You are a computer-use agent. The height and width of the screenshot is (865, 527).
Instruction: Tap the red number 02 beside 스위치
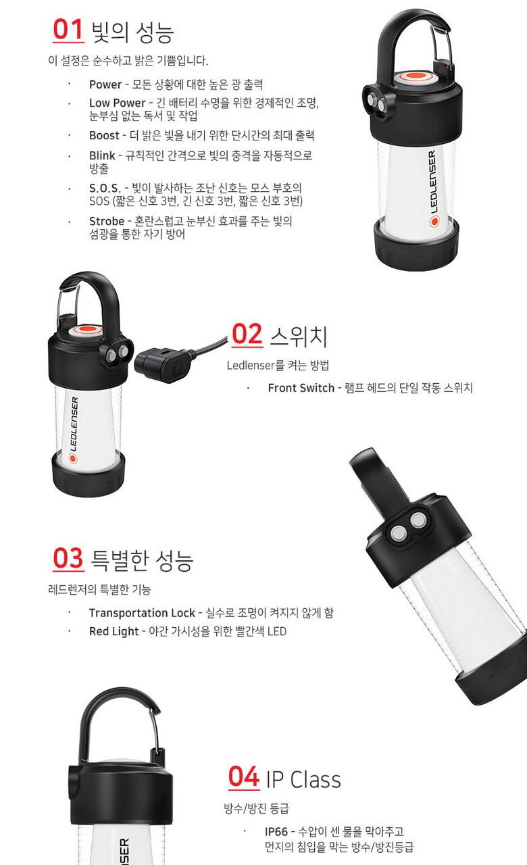(247, 335)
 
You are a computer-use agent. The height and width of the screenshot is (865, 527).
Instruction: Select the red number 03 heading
(68, 558)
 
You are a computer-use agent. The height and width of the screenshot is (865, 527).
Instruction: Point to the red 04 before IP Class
(244, 776)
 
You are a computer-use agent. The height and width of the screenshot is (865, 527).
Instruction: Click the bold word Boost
(104, 136)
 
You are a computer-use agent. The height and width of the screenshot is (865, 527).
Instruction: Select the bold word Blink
(102, 155)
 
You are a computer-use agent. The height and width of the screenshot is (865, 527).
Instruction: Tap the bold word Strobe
(107, 221)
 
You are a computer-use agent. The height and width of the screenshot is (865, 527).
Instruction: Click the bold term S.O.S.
(105, 189)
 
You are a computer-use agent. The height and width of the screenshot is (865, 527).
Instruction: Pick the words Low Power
(118, 103)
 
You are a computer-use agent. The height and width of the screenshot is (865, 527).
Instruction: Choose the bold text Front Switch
(301, 388)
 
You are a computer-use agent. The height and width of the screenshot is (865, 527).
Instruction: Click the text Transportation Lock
(142, 613)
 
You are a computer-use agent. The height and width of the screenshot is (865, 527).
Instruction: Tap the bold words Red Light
(114, 631)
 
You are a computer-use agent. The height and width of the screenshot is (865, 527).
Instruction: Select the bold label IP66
(276, 831)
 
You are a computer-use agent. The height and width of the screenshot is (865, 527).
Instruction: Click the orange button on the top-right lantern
(416, 77)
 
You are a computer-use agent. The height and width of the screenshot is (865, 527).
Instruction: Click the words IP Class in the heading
(303, 779)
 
